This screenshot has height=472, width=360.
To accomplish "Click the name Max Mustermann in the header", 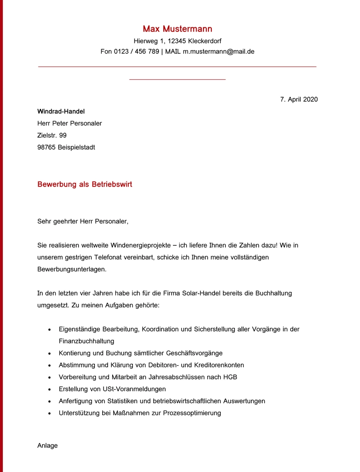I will point(177,29).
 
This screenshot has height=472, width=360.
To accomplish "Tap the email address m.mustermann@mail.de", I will point(219,52).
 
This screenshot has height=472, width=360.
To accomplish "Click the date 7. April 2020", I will point(299,99).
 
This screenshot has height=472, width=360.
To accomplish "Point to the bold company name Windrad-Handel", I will point(61,111).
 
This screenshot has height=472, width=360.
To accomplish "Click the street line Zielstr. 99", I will point(52,135).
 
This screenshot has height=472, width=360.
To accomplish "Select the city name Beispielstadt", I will point(77,147).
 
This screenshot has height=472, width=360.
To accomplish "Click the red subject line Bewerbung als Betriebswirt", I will point(85,185).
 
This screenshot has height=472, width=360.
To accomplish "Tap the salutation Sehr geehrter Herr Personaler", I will point(83,222).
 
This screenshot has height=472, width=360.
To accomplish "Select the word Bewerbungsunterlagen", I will point(72,269).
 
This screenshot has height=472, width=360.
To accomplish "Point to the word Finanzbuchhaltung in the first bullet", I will point(86,341).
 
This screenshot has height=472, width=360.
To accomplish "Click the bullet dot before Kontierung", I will point(49,353).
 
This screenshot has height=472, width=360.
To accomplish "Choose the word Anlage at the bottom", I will point(47,446).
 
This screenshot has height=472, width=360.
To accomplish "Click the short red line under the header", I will point(177,80).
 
